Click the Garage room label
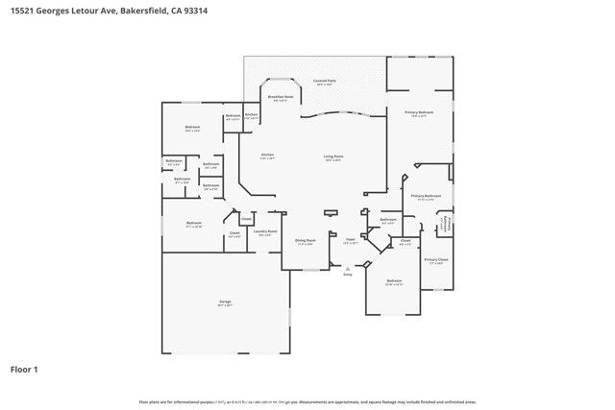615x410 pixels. point(225,301)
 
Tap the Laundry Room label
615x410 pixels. point(265,231)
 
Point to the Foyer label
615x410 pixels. point(350,242)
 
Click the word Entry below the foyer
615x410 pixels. point(348,274)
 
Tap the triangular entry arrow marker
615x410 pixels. point(348,266)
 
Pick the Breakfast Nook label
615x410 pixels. point(280,99)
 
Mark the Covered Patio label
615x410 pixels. point(324,83)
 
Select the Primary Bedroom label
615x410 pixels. point(419,113)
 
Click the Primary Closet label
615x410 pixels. point(436,260)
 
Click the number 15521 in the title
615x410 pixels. point(23,11)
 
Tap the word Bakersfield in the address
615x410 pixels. point(147,11)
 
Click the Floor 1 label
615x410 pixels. point(24,369)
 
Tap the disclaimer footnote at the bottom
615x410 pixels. point(307,401)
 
